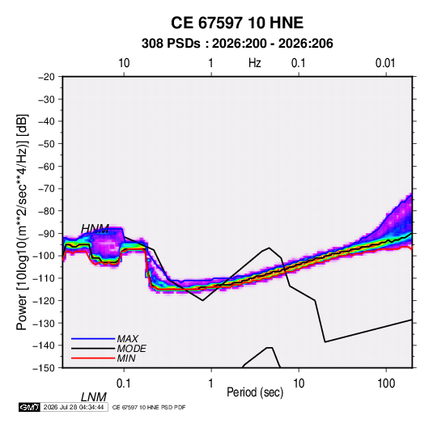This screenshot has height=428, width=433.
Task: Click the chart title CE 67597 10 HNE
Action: (237, 23)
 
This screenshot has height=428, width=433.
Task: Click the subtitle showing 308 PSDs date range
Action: (237, 44)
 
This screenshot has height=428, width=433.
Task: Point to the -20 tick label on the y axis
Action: (46, 77)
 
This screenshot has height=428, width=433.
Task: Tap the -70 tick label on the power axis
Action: (46, 189)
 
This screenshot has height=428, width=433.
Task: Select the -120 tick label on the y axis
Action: (44, 300)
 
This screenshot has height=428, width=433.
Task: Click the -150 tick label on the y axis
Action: (44, 368)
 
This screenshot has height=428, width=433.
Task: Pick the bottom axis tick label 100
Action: (386, 383)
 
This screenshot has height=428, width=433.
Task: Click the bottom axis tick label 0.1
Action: (124, 383)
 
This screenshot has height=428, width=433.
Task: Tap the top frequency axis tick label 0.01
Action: (385, 63)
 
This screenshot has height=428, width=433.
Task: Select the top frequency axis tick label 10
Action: (124, 63)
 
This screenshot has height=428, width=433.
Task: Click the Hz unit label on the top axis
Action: (255, 63)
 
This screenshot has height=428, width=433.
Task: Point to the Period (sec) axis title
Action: (255, 392)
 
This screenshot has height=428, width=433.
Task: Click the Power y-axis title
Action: (22, 222)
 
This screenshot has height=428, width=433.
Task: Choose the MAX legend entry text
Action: (128, 339)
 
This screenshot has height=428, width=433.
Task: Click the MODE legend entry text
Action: (131, 349)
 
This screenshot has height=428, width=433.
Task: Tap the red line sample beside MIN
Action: (93, 358)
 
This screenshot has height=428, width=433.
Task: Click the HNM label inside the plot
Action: (95, 229)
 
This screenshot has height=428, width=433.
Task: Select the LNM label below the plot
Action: (94, 397)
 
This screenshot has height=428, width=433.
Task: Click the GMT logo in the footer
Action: (30, 407)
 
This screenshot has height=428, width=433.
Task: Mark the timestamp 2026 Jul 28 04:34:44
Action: (74, 407)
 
